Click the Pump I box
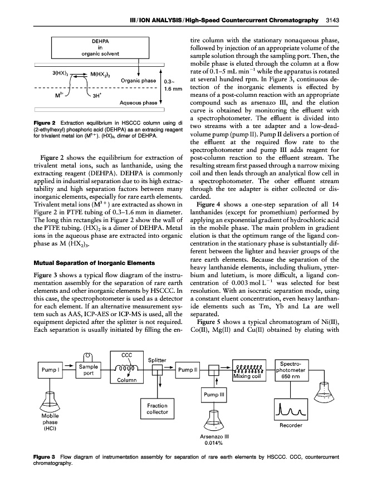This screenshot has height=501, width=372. (50, 369)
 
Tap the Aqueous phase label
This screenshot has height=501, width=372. (138, 103)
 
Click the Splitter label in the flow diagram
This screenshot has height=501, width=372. (159, 360)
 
